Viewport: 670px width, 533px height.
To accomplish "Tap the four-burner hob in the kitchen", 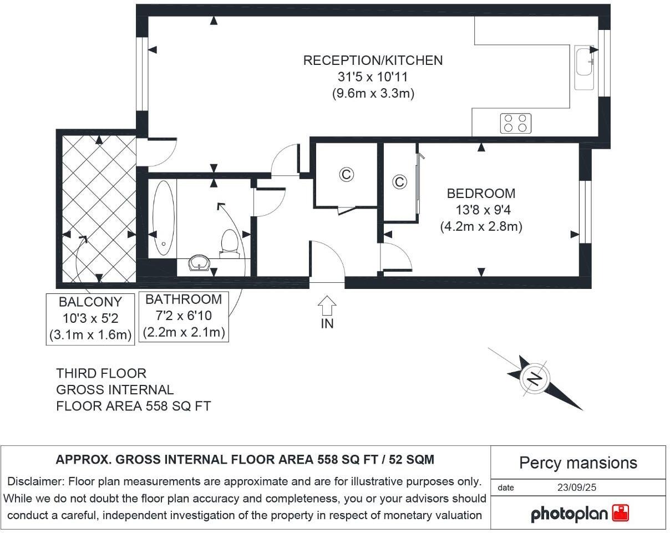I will tap(515, 123).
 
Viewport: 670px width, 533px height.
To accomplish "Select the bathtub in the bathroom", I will tap(163, 218).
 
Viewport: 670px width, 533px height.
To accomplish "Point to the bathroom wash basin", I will tap(199, 262).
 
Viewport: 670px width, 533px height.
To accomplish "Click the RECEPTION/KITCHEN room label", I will tap(373, 60).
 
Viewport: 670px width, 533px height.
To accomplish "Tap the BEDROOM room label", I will tap(481, 194).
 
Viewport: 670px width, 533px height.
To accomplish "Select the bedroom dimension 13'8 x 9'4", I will tap(481, 210).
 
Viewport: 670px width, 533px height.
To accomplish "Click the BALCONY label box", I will tap(90, 318).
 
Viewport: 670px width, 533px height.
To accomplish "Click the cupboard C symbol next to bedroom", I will tap(399, 182).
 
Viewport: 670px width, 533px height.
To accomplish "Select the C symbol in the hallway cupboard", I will tap(347, 175).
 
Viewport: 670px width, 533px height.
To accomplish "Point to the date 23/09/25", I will tap(579, 488).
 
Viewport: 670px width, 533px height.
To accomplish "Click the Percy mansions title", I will tap(578, 463).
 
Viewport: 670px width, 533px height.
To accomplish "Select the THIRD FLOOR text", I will tap(101, 373).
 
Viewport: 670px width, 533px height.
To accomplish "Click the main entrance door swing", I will tap(327, 262).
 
